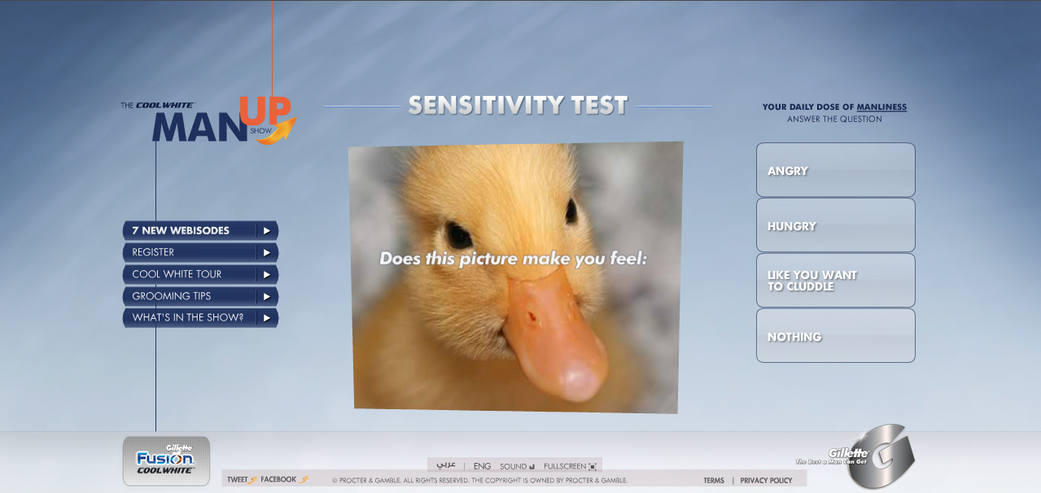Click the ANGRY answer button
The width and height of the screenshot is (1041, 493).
coord(836,169)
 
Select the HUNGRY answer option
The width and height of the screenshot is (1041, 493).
coord(836,225)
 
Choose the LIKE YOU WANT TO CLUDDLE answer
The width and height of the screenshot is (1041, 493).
coord(836,280)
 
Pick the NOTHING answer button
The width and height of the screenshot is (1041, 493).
coord(836,335)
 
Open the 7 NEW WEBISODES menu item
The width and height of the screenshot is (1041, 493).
coord(200,230)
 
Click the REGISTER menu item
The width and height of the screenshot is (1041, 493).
coord(200,252)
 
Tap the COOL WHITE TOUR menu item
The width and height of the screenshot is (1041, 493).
coord(200,274)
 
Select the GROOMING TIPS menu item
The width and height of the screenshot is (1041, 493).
coord(200,296)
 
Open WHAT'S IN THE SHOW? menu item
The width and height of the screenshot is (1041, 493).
coord(200,318)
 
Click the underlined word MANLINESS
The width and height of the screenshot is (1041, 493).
coord(881,107)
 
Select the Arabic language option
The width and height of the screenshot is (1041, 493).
coord(446,465)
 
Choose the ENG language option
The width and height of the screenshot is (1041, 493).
coord(482,466)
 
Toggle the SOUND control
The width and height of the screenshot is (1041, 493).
coord(517,466)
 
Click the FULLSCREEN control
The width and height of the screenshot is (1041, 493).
coord(570,466)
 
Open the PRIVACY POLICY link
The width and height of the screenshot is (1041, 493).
coord(766,481)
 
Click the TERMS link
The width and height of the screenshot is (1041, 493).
coord(713,481)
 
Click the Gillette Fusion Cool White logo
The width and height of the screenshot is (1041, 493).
coord(166,460)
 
